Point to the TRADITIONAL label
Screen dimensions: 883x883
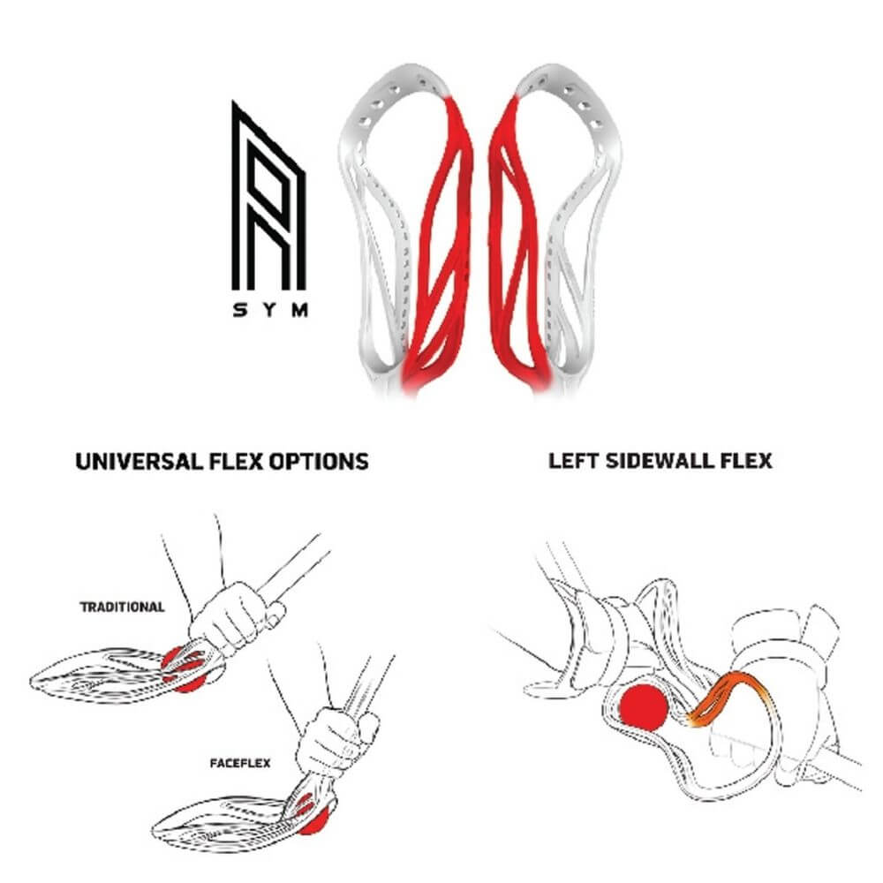tap(122, 608)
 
